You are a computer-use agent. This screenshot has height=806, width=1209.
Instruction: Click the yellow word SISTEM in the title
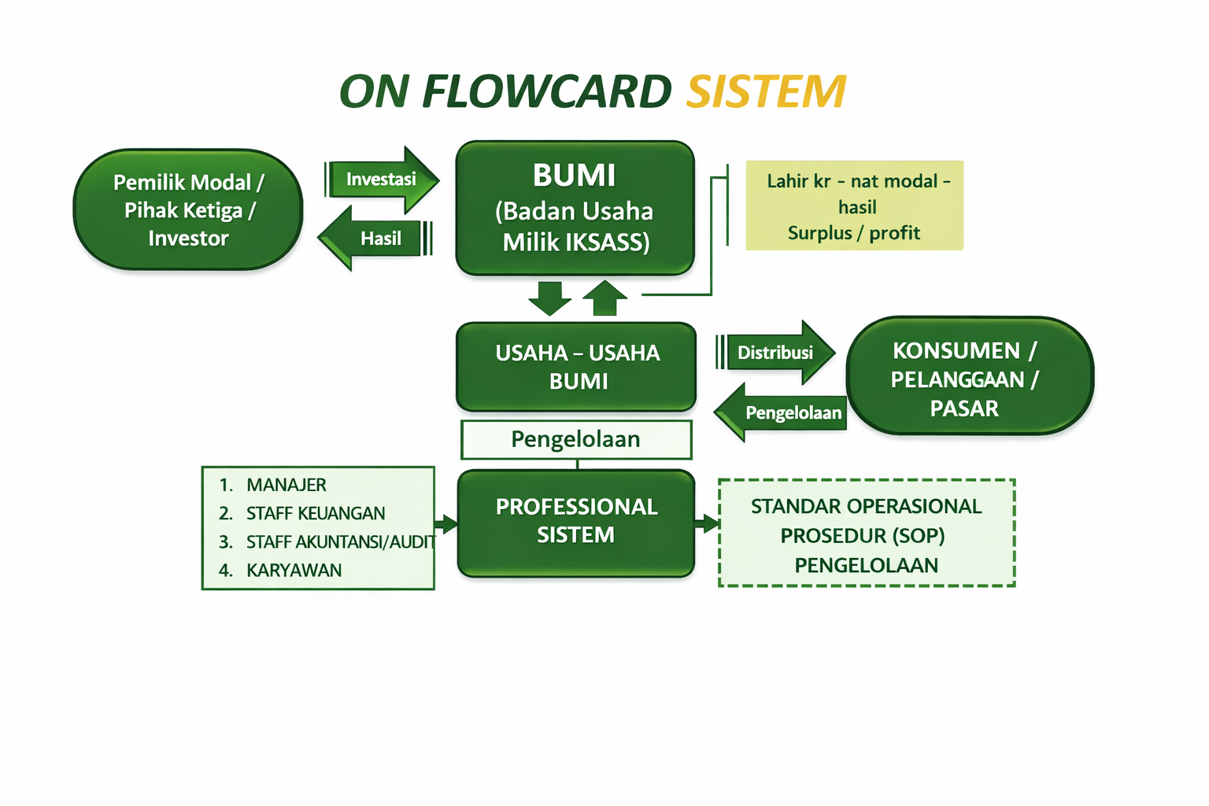click(766, 92)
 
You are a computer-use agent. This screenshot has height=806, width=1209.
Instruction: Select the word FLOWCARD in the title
click(546, 92)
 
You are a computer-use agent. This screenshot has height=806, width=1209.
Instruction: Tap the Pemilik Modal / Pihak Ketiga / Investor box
click(188, 210)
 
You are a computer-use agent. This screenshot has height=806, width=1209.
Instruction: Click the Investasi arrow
click(382, 179)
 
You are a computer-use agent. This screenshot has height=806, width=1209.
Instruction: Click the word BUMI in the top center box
click(574, 176)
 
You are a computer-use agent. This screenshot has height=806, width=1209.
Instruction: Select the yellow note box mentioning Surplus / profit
click(854, 206)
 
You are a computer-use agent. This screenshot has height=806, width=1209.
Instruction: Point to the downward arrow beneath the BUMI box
click(549, 298)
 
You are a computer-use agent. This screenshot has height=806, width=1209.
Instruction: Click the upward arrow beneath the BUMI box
click(604, 298)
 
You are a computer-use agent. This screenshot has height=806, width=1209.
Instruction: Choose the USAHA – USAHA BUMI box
click(576, 367)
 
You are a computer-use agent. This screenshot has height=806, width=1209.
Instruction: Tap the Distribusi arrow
click(776, 353)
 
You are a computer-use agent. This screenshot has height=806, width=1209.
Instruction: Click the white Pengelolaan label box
click(576, 439)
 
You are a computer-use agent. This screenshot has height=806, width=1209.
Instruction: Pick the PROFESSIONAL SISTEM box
click(576, 522)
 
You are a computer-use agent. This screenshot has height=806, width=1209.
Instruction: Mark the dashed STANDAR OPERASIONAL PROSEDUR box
click(866, 534)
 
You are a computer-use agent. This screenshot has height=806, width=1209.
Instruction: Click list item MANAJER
click(286, 485)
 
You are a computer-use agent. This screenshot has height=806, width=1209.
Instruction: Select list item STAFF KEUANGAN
click(315, 513)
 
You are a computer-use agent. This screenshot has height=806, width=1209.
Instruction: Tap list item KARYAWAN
click(294, 571)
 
